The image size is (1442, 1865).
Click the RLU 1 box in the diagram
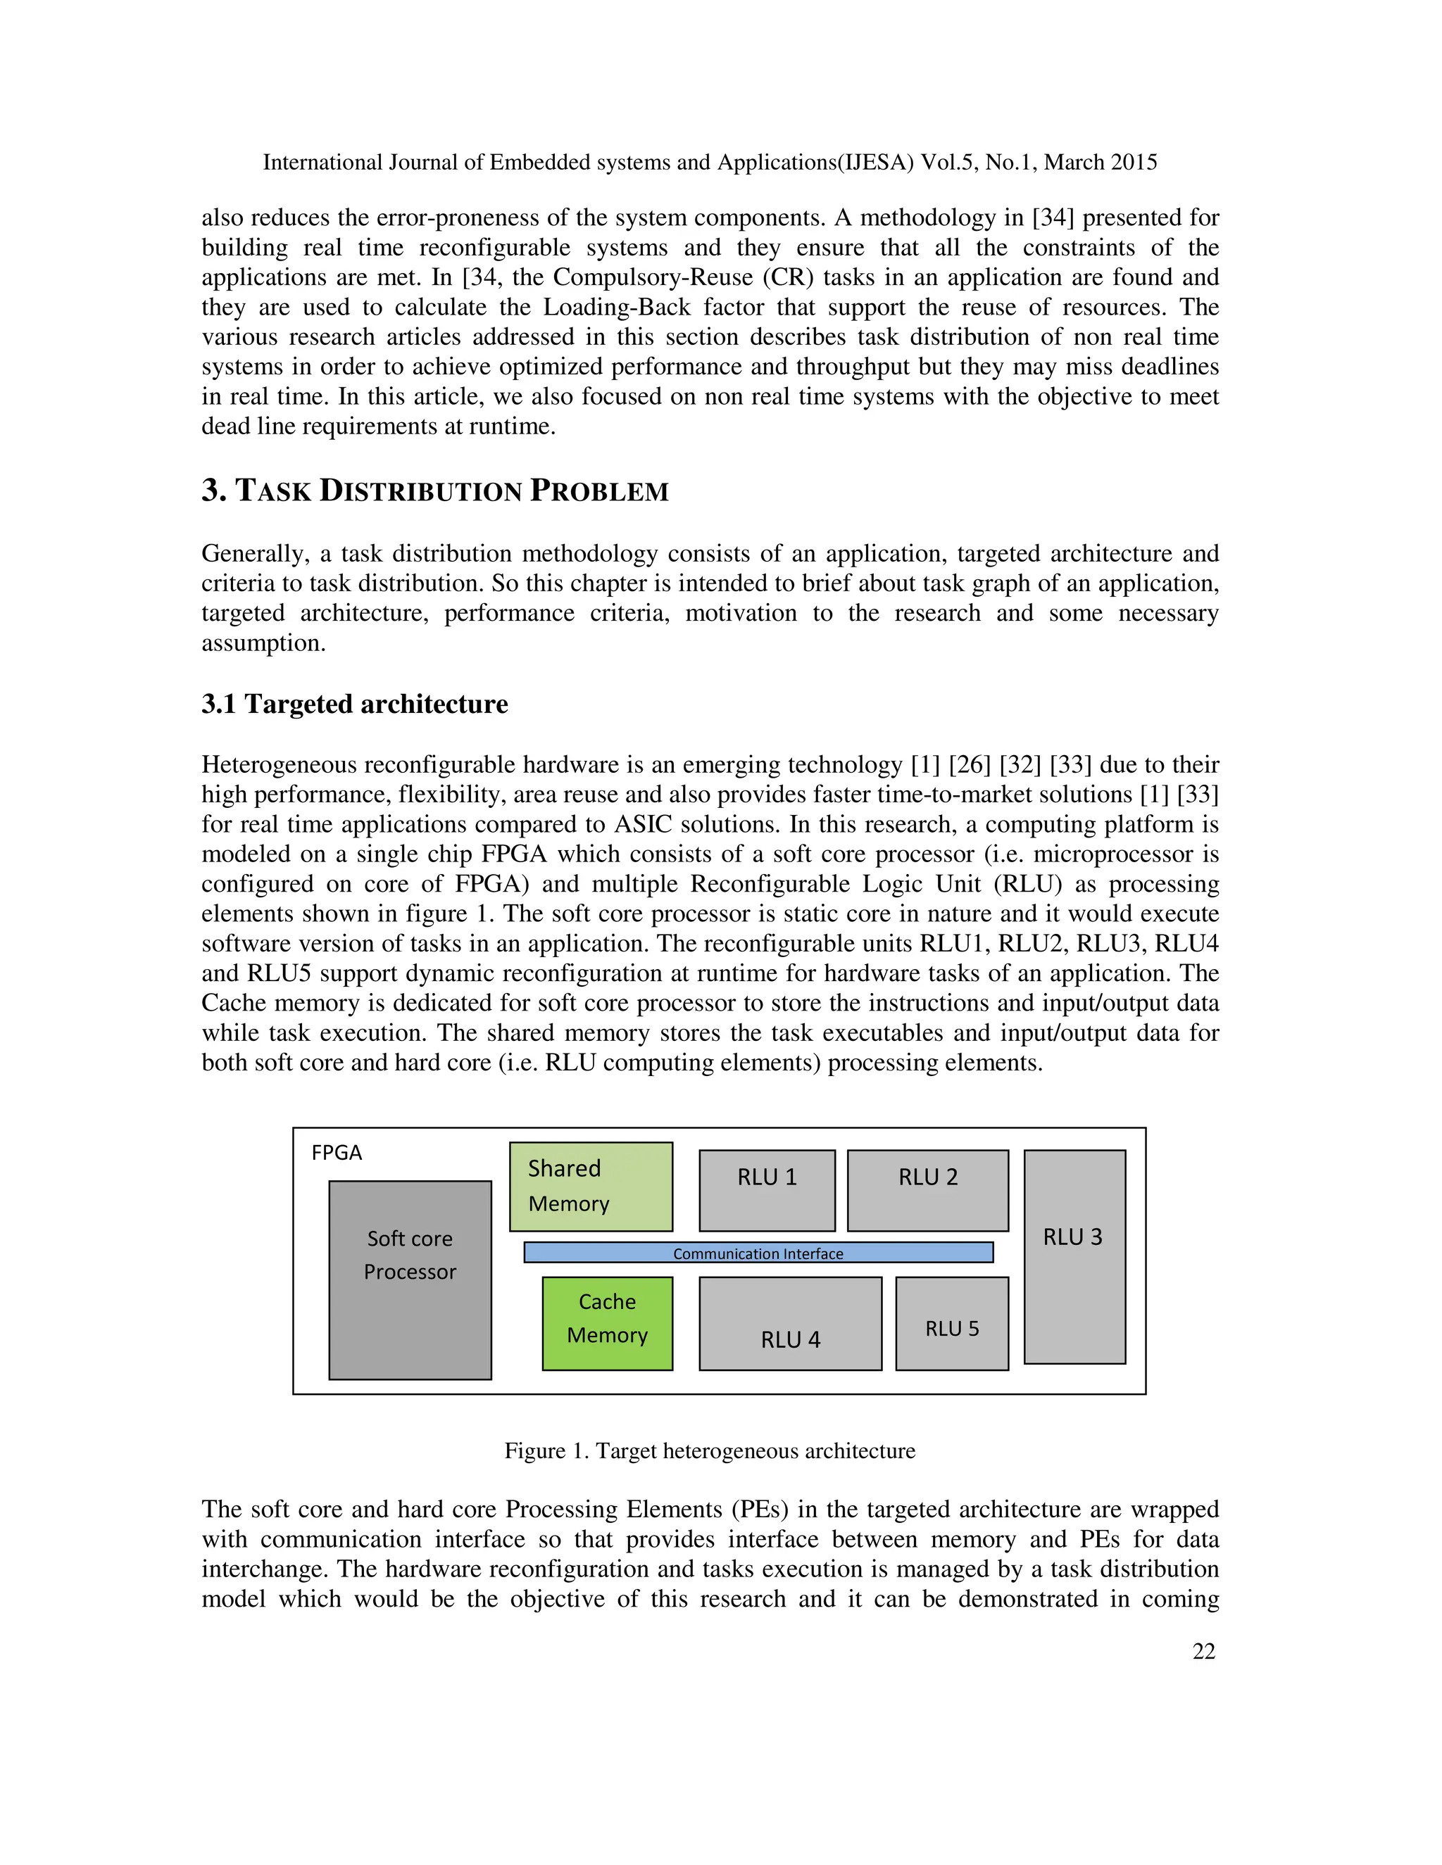(x=766, y=1189)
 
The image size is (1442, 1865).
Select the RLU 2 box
(x=928, y=1189)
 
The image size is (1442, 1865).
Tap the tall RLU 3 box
(x=1074, y=1256)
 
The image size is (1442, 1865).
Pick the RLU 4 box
(x=789, y=1323)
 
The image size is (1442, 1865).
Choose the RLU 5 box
(x=952, y=1323)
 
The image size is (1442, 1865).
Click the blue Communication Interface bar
(x=758, y=1253)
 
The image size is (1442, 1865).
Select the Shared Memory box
(x=590, y=1186)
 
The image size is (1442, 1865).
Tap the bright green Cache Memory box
(x=608, y=1323)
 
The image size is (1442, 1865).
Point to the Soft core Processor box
(x=410, y=1279)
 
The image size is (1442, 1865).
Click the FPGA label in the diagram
(x=337, y=1153)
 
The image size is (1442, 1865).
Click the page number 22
(x=1203, y=1652)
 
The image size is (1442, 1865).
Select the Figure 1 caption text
(x=709, y=1451)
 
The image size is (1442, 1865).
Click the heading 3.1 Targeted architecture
(x=355, y=704)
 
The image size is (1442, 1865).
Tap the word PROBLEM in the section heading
(x=599, y=491)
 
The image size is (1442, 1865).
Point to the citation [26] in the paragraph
(x=969, y=764)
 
